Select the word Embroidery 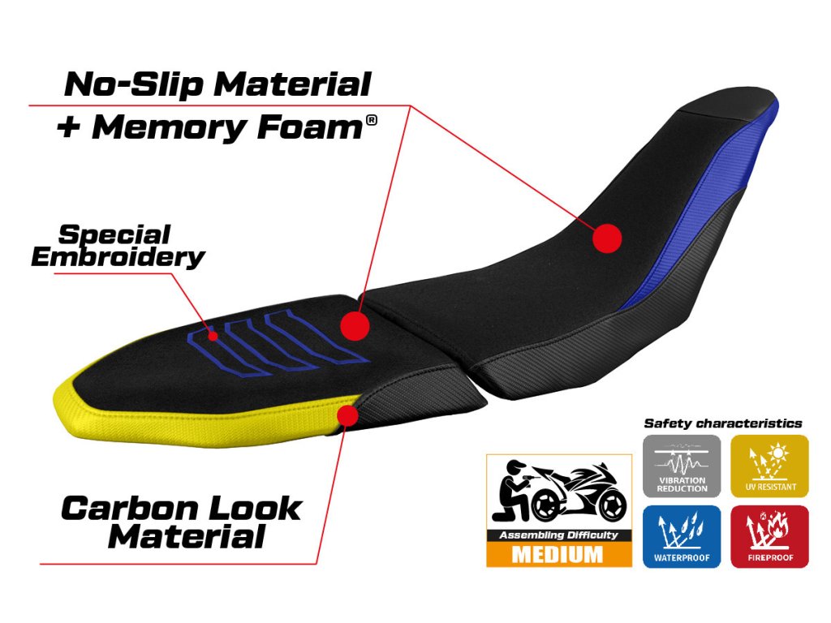(x=118, y=257)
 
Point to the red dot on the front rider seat (x=606, y=238)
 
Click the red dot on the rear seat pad (x=355, y=325)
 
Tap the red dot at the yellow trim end (x=348, y=415)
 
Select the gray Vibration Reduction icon (x=681, y=466)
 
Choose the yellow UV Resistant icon (x=769, y=466)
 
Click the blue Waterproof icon (x=681, y=536)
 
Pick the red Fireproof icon (x=769, y=536)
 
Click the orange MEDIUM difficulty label (x=558, y=555)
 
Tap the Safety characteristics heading (x=722, y=423)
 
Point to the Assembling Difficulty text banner (x=558, y=535)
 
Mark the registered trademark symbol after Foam (x=372, y=120)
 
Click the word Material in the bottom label (x=186, y=536)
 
